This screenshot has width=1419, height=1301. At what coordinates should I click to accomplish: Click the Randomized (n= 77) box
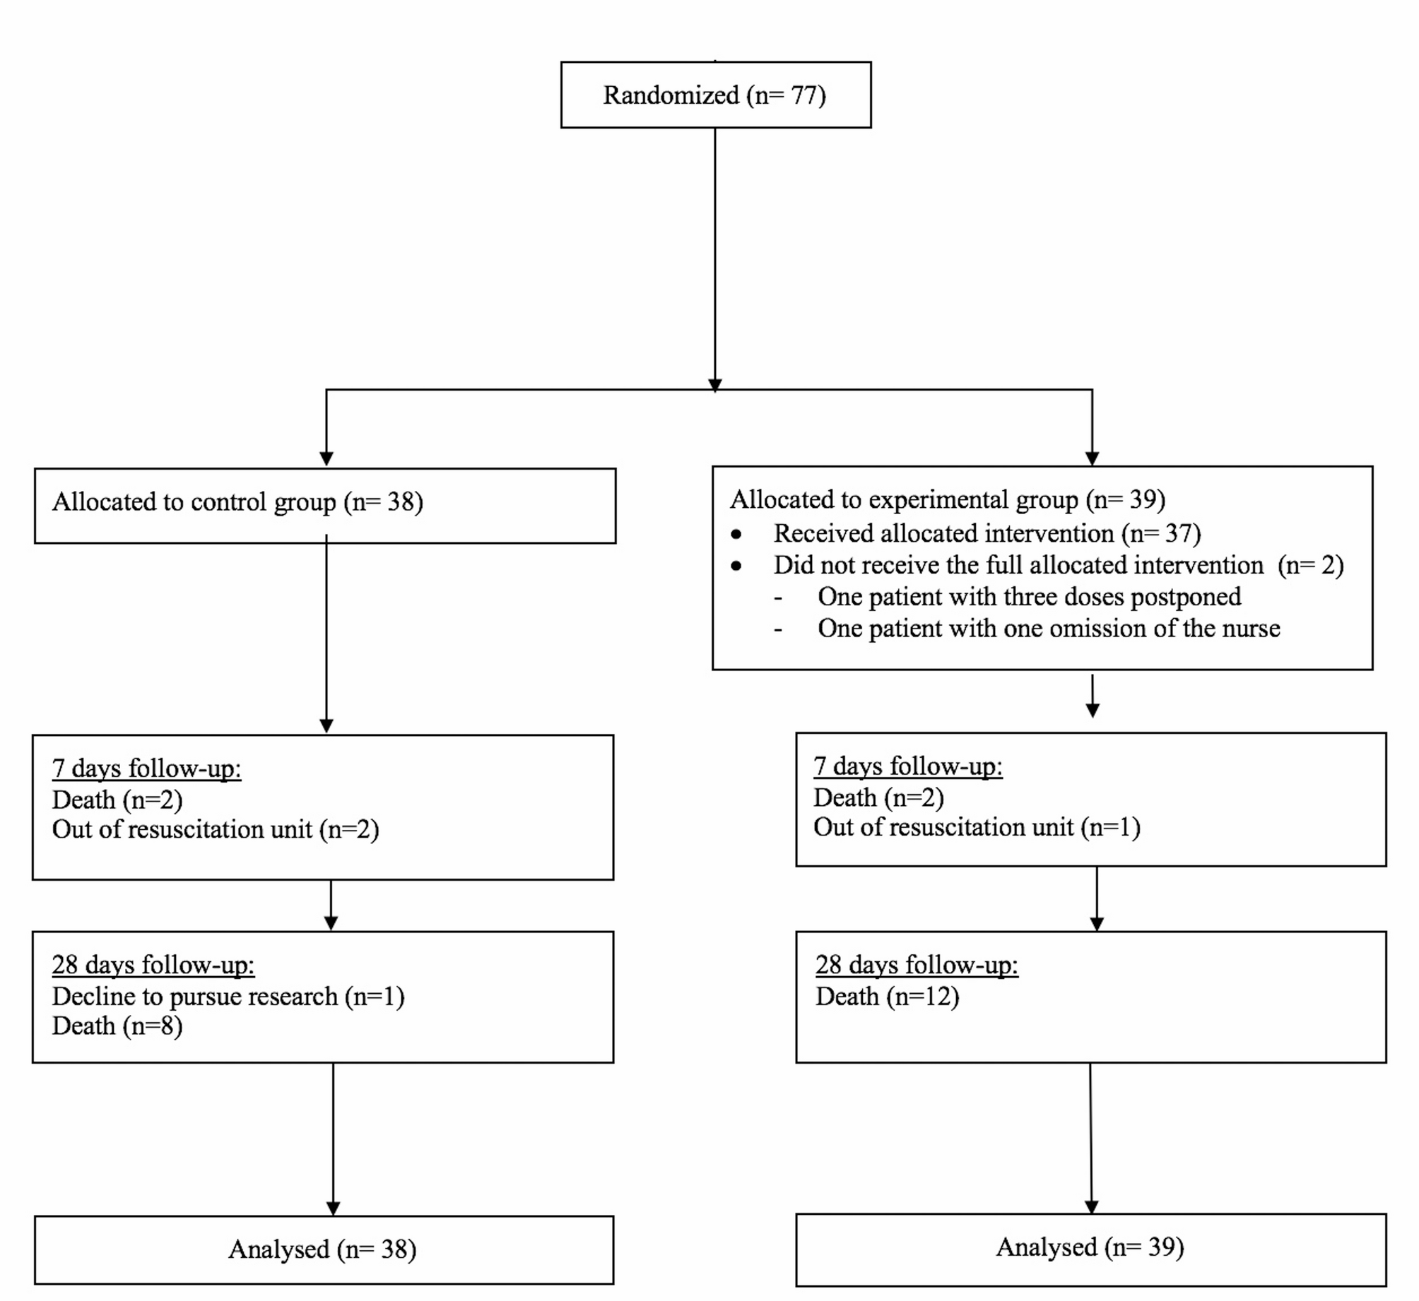(715, 95)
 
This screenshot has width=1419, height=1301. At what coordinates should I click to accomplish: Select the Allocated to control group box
(324, 506)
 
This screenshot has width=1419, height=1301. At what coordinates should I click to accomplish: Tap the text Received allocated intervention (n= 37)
(987, 534)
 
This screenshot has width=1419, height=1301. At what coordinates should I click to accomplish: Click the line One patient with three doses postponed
(1029, 598)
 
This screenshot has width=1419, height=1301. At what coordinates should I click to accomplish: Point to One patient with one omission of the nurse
(1048, 629)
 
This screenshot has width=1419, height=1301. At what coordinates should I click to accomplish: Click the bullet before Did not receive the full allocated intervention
(736, 566)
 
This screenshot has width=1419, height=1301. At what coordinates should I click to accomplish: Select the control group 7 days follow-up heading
(146, 768)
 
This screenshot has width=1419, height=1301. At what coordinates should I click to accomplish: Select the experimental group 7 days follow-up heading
(907, 766)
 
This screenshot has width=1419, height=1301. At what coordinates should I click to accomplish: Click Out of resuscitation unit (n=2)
(216, 830)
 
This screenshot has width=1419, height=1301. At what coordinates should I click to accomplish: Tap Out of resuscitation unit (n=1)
(977, 828)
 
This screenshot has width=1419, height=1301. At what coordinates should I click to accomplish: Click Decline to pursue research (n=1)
(228, 997)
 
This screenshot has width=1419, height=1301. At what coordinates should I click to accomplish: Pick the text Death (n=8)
(117, 1026)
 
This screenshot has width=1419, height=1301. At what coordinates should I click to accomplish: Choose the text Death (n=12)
(887, 997)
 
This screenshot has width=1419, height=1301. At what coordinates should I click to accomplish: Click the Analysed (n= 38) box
(323, 1249)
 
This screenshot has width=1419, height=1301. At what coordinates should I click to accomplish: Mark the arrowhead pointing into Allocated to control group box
(326, 459)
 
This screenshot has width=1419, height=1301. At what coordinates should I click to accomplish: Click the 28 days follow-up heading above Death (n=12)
(917, 966)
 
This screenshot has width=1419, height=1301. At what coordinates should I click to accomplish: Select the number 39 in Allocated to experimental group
(1142, 500)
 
